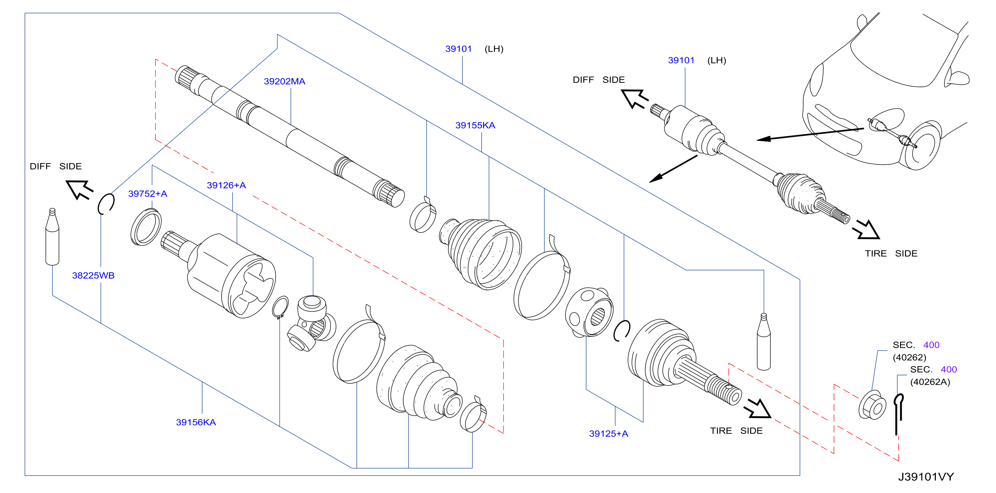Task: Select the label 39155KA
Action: pyautogui.click(x=475, y=125)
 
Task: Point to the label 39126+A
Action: pyautogui.click(x=226, y=185)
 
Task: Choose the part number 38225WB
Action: pyautogui.click(x=93, y=275)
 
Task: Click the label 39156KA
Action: pyautogui.click(x=196, y=422)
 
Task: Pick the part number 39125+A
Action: pyautogui.click(x=608, y=434)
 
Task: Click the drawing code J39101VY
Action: pyautogui.click(x=926, y=477)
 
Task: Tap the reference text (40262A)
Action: pyautogui.click(x=930, y=382)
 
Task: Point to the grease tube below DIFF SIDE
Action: pyautogui.click(x=52, y=237)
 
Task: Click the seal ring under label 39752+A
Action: pyautogui.click(x=146, y=227)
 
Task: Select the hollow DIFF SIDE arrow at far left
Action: pyautogui.click(x=79, y=189)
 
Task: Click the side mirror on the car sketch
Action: pyautogui.click(x=957, y=78)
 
